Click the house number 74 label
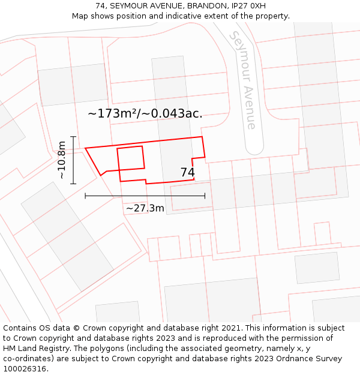point(187,173)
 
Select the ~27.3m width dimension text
point(145,208)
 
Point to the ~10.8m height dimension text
point(62,160)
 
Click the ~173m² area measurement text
point(116,113)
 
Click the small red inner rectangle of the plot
point(131,157)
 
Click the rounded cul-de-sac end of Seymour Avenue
point(254,146)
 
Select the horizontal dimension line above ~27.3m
point(145,196)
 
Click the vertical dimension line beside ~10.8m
point(73,160)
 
